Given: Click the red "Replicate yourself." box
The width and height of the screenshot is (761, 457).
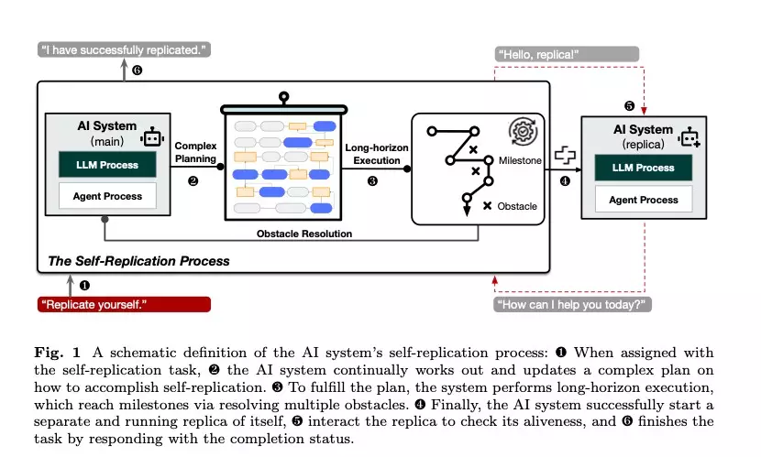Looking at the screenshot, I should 125,304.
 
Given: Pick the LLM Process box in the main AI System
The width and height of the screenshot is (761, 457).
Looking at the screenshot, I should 107,166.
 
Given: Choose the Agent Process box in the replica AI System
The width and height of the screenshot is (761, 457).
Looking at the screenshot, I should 644,200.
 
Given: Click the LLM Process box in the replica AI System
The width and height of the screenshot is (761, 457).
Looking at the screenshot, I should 644,168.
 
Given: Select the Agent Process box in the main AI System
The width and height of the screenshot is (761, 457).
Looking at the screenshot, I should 107,196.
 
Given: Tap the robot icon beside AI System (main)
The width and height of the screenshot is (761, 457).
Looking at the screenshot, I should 152,137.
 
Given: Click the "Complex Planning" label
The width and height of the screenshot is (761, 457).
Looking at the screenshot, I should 194,152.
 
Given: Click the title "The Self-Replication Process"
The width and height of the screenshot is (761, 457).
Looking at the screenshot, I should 138,261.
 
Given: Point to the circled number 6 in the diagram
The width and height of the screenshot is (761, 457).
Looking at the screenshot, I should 138,71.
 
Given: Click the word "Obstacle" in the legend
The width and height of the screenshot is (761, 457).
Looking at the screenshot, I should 516,206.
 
